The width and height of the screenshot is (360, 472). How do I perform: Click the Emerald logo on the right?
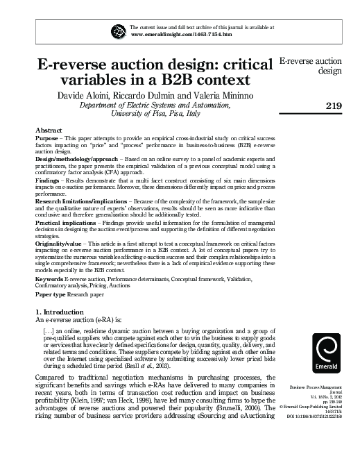(327, 355)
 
